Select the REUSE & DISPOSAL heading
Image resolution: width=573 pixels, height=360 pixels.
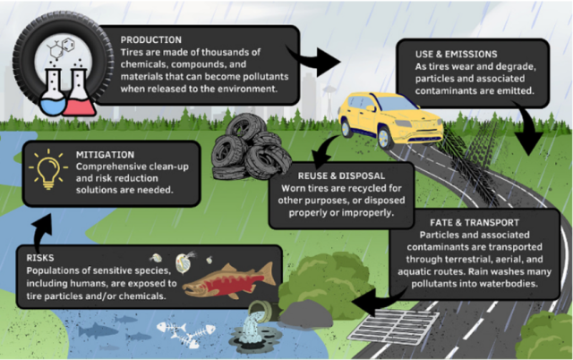(x=331, y=176)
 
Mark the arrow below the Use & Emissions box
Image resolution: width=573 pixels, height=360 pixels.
(x=528, y=134)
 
